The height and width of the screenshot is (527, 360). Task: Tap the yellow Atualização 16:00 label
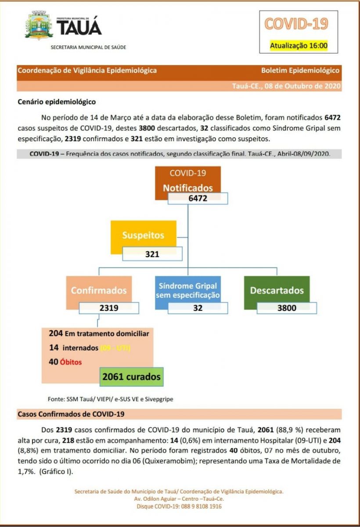(x=298, y=45)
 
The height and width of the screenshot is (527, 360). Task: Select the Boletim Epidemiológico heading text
(x=300, y=70)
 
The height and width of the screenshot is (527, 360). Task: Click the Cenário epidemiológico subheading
(x=57, y=101)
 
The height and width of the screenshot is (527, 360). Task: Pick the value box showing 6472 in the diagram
(x=198, y=198)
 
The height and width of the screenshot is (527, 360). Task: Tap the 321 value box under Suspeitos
(x=152, y=254)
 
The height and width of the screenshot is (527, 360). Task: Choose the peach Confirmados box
(x=99, y=290)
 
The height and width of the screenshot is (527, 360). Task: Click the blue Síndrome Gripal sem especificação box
(x=187, y=290)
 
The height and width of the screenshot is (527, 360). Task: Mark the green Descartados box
(x=277, y=290)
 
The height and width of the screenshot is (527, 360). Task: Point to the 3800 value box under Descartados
(x=287, y=308)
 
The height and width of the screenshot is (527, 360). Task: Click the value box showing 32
(x=198, y=308)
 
